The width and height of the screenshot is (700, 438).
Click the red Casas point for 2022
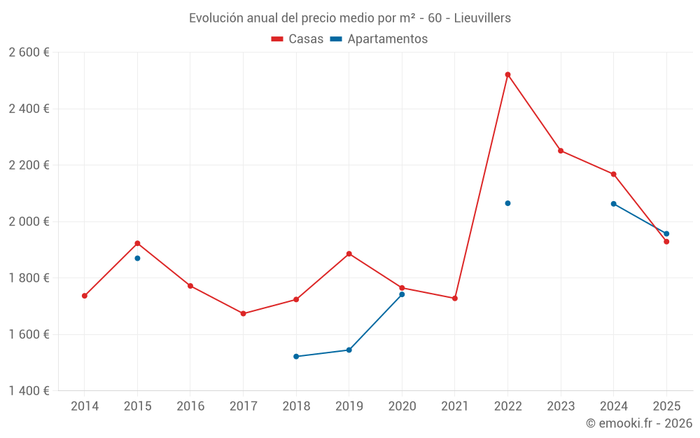(507, 74)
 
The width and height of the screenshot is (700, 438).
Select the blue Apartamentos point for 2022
(507, 203)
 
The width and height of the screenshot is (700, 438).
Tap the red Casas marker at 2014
(85, 296)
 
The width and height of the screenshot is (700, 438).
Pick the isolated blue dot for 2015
(137, 259)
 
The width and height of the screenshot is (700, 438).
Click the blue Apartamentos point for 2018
(296, 357)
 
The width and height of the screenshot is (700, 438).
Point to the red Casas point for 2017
(243, 313)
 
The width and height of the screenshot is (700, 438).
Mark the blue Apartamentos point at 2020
(402, 294)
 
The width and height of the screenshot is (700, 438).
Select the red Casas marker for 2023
(561, 151)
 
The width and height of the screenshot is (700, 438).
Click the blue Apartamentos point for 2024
(613, 204)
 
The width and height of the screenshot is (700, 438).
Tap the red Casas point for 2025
(666, 242)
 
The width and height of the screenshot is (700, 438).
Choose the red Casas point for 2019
(349, 254)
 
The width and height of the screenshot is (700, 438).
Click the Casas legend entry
(297, 39)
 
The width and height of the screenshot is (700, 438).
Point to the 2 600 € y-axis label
(29, 53)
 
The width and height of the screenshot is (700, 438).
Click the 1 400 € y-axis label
(29, 391)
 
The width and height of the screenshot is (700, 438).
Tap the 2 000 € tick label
(29, 221)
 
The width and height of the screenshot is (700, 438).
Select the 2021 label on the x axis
(455, 406)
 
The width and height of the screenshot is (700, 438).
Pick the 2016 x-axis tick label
(190, 406)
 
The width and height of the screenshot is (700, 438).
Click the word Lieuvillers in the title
(482, 18)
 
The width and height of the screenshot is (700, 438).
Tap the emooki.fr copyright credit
(638, 423)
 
